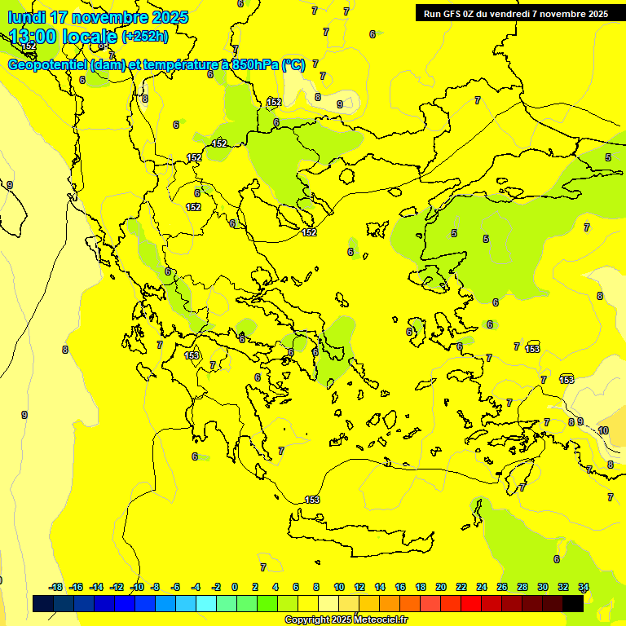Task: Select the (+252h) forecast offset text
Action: click(x=145, y=36)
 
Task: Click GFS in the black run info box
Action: click(x=457, y=14)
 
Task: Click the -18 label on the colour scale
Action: click(x=55, y=587)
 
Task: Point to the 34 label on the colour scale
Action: click(x=584, y=587)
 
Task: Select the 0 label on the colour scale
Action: click(x=235, y=587)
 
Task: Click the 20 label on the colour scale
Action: click(x=441, y=587)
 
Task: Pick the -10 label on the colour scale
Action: click(x=137, y=587)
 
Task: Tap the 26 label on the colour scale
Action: click(x=502, y=587)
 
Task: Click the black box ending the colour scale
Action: click(x=573, y=603)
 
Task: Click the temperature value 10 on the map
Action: click(x=603, y=430)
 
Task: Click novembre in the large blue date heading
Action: click(x=115, y=17)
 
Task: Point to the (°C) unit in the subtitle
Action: click(x=293, y=65)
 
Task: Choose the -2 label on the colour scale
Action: click(x=215, y=587)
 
